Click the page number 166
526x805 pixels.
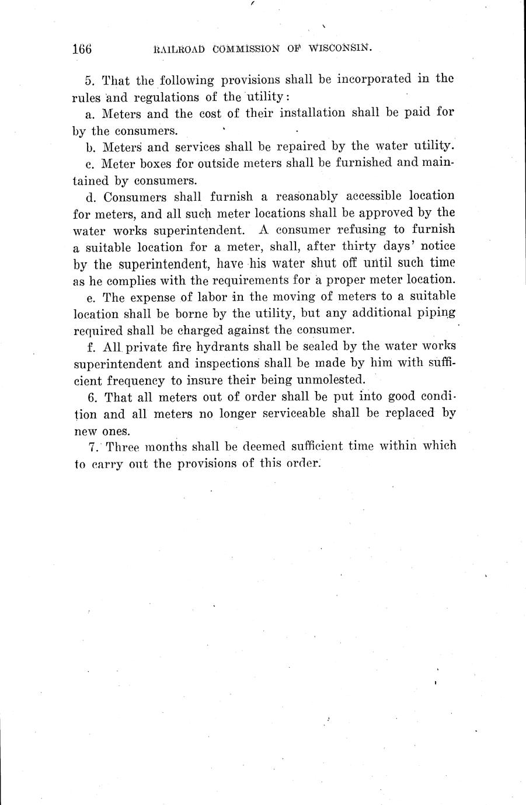point(82,49)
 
